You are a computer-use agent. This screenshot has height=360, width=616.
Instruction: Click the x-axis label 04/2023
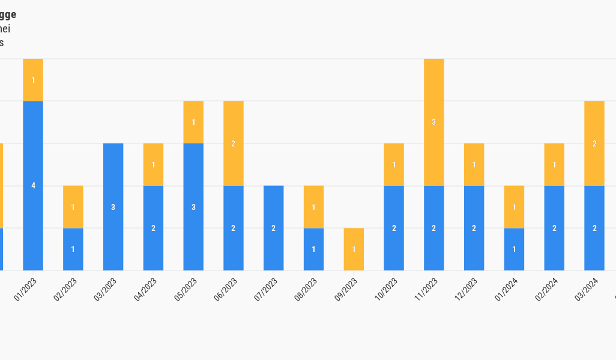tap(145, 289)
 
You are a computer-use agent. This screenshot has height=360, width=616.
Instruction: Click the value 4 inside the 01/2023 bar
tap(33, 186)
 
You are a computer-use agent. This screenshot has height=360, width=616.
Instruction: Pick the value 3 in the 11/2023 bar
tap(433, 122)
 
